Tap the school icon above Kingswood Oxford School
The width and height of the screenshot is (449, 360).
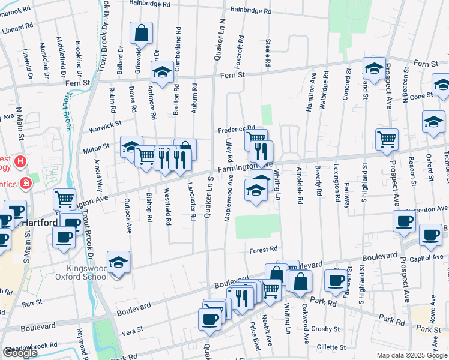(119, 262)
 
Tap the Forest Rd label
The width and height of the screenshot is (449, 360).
(264, 248)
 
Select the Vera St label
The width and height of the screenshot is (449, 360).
(134, 330)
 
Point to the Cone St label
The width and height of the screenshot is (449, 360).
(421, 95)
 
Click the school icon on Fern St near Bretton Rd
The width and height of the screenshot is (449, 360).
(162, 73)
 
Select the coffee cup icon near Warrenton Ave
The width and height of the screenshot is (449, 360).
(405, 221)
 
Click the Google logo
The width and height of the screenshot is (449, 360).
(20, 353)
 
